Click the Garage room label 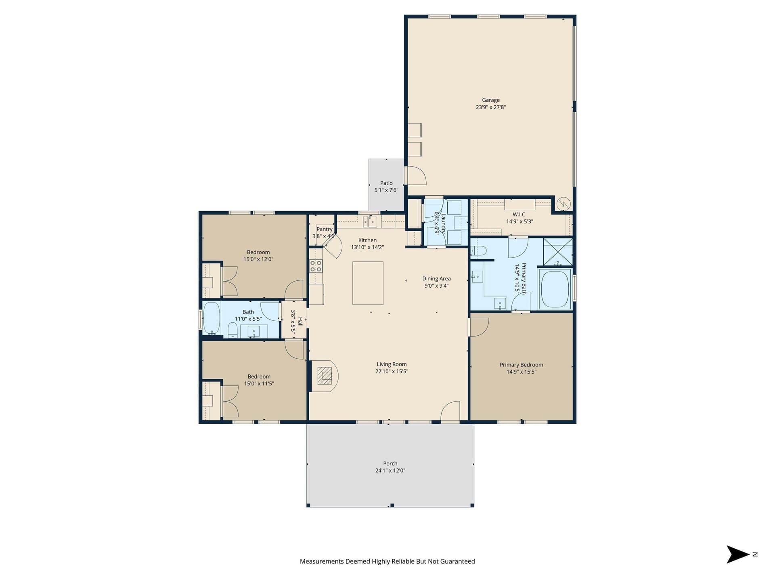coord(490,100)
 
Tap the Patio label coord(386,183)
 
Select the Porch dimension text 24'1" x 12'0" coord(390,470)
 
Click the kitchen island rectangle coord(368,283)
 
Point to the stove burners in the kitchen coord(316,266)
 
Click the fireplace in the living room coord(325,376)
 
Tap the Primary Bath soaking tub coord(555,289)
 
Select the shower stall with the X coord(558,252)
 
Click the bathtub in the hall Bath coord(212,318)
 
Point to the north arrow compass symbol coord(738,554)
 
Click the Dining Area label coord(436,278)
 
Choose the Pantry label coord(324,229)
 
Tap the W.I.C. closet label coord(519,214)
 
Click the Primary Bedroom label coord(521,365)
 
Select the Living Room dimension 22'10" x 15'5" coord(392,371)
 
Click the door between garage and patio coord(416,176)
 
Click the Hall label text coord(300,322)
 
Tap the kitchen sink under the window coord(370,222)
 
